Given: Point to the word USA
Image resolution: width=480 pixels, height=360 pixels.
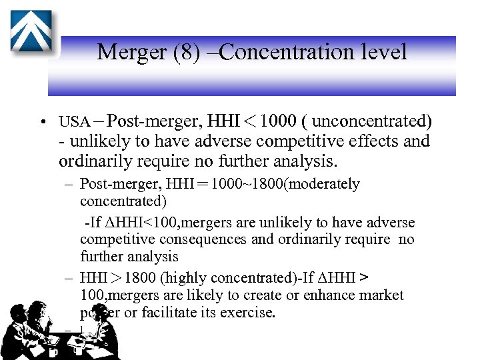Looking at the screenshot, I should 74,122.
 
